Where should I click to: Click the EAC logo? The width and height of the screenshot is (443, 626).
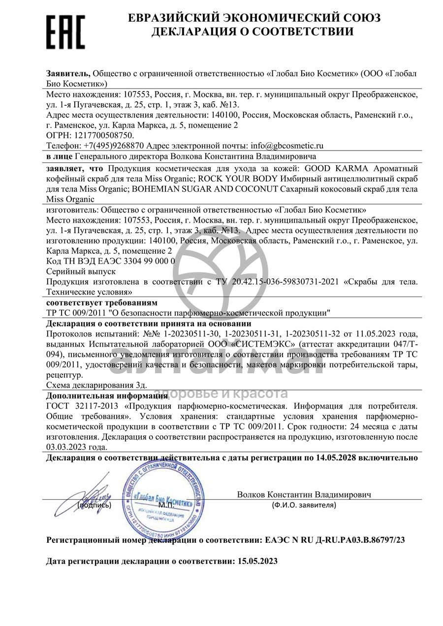pyautogui.click(x=65, y=31)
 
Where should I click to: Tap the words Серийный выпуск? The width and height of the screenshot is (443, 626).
pyautogui.click(x=81, y=271)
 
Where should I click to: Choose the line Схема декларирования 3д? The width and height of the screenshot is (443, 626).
pyautogui.click(x=89, y=386)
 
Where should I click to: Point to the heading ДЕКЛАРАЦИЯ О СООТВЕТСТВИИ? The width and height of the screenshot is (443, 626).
pyautogui.click(x=252, y=32)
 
